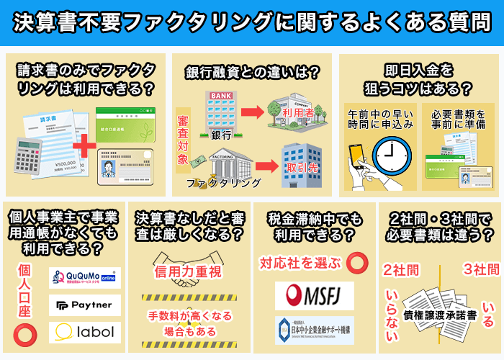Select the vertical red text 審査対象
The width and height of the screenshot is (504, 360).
point(183,140)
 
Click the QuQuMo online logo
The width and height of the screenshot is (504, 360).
point(84,277)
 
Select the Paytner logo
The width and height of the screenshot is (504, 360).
point(84,305)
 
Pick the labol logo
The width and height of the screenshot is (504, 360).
point(84,332)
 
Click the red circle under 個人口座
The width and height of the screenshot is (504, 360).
point(24,332)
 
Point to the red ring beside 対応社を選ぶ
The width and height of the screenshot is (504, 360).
point(356,263)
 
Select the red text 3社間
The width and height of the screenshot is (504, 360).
point(480,269)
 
